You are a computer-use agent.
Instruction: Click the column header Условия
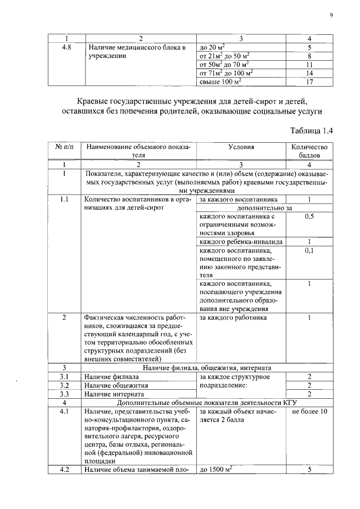241,147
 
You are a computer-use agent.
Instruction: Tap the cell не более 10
309,412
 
